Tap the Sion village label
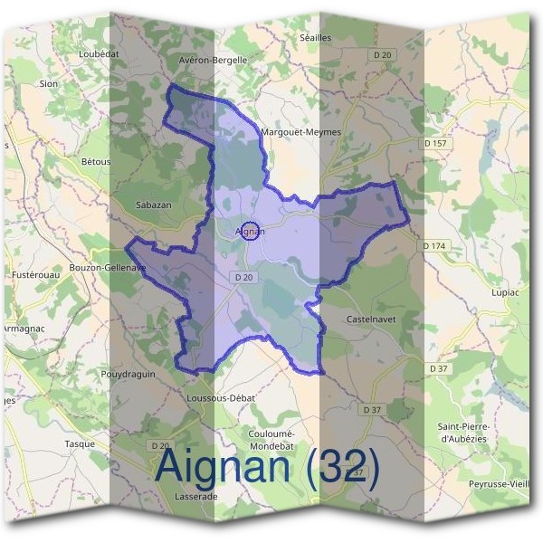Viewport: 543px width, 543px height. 48,83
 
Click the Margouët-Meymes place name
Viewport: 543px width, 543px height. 300,131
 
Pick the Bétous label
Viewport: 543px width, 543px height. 96,162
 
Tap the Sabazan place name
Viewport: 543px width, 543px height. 153,205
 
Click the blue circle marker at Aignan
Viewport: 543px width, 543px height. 252,231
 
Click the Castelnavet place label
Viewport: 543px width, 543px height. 371,320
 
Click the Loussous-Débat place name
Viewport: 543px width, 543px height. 221,398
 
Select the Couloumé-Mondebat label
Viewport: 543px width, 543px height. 269,440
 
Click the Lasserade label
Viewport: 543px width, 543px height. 191,497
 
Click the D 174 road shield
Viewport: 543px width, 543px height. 435,246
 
